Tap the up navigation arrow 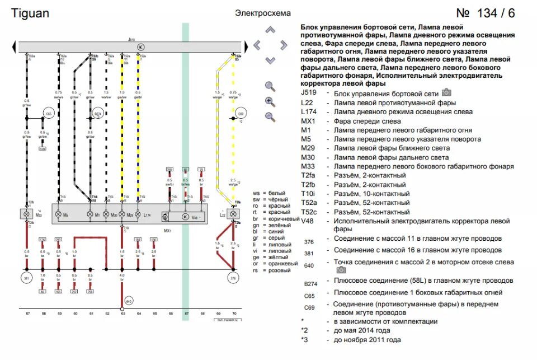click(270, 30)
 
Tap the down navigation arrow click(270, 59)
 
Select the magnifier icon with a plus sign click(270, 102)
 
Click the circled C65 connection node click(48, 114)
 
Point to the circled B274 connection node click(98, 114)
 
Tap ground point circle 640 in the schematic click(129, 301)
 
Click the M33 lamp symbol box click(26, 214)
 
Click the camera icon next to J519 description click(446, 92)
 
